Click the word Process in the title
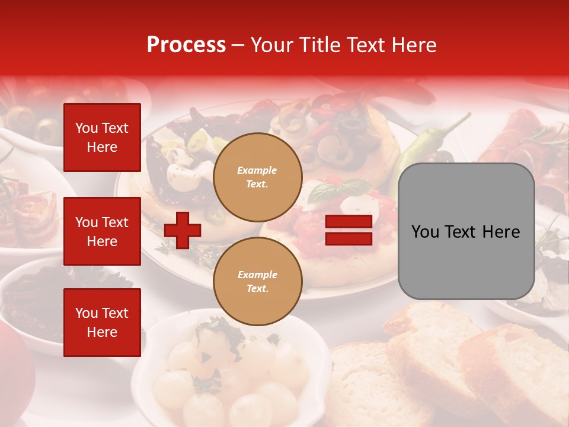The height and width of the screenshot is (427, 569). point(186,45)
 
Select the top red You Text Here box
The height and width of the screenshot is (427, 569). point(102,138)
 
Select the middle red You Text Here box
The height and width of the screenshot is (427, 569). point(102,231)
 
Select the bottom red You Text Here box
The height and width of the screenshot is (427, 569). point(102,323)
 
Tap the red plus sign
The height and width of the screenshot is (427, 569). point(183,230)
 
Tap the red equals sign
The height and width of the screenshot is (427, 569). point(349,230)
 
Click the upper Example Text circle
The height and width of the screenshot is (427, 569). point(258,177)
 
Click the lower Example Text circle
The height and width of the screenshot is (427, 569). point(258,282)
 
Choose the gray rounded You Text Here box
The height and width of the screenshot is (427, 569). point(466,231)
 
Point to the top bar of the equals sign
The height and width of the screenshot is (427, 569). point(349,222)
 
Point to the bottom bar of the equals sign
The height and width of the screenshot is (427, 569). point(349,238)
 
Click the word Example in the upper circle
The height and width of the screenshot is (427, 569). point(257,170)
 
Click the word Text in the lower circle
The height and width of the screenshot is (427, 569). point(257,289)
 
